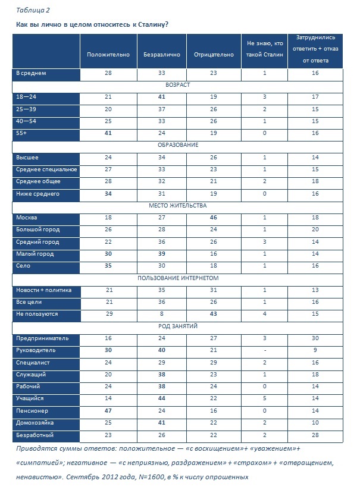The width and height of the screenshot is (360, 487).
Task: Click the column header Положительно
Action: click(108, 54)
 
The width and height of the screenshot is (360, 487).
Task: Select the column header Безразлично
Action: click(161, 54)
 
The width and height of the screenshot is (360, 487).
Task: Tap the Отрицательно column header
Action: click(214, 54)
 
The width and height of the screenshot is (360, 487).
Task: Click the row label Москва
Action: click(27, 218)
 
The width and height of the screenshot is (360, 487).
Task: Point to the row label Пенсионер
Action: click(32, 411)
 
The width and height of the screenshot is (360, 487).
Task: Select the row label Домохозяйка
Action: click(36, 423)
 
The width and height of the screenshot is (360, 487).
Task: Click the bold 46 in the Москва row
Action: click(214, 218)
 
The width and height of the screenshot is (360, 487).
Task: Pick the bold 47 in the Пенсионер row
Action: click(108, 411)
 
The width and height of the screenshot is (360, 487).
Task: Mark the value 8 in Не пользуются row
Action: click(161, 314)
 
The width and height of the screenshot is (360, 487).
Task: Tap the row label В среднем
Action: click(31, 73)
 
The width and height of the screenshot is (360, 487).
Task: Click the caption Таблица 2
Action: click(33, 10)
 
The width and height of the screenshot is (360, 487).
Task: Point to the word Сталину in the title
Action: click(151, 24)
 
